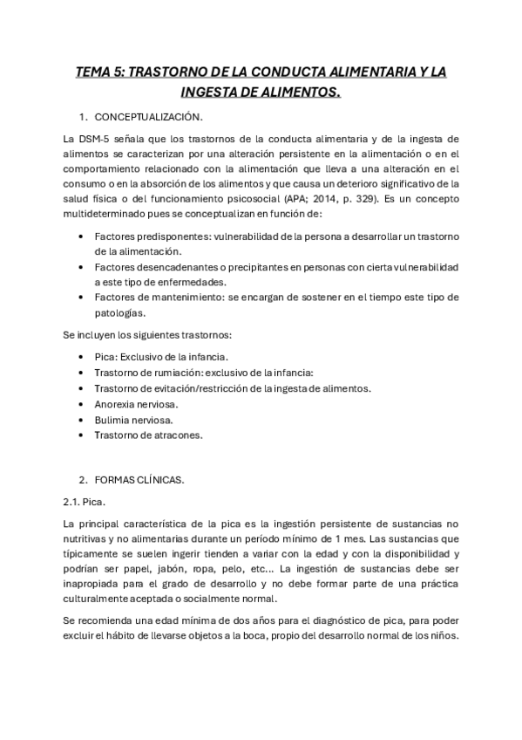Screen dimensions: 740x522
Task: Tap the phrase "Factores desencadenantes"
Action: pyautogui.click(x=153, y=266)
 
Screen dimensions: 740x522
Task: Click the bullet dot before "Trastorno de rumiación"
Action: pyautogui.click(x=81, y=373)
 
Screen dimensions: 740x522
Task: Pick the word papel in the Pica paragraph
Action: pyautogui.click(x=131, y=569)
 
